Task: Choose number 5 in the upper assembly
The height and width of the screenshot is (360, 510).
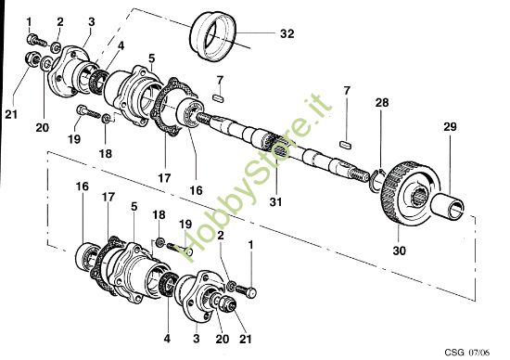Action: coord(151,58)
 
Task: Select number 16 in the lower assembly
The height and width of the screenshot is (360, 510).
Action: coord(82,186)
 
